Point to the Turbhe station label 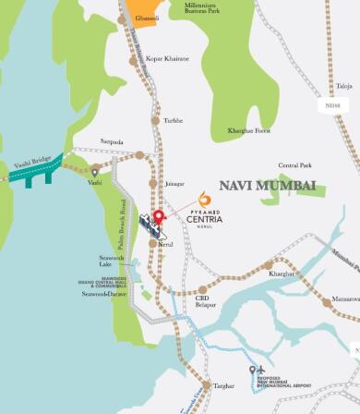pyautogui.click(x=173, y=120)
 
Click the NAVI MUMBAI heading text pyautogui.click(x=267, y=186)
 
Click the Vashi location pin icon pyautogui.click(x=94, y=171)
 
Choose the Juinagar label pyautogui.click(x=174, y=183)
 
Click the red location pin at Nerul pyautogui.click(x=158, y=218)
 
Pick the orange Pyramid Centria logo pyautogui.click(x=204, y=199)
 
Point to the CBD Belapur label pyautogui.click(x=206, y=301)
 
